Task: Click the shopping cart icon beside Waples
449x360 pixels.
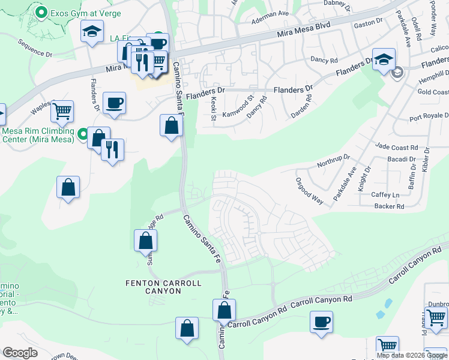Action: click(62, 111)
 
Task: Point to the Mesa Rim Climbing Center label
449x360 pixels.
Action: click(37, 135)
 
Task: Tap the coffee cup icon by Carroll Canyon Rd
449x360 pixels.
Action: click(321, 322)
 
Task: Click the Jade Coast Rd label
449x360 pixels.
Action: click(396, 147)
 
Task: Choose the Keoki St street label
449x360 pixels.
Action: click(212, 108)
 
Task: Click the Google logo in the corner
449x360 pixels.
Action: click(20, 353)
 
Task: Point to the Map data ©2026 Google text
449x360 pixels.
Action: click(411, 355)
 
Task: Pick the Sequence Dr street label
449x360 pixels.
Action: click(35, 49)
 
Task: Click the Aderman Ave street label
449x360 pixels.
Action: click(270, 14)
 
